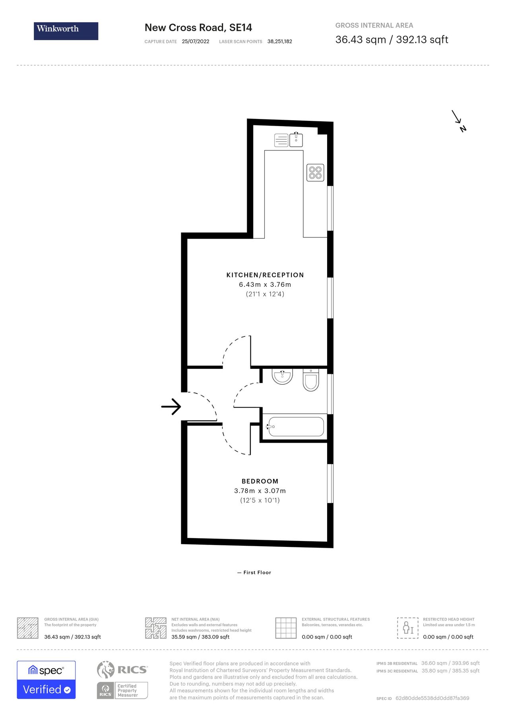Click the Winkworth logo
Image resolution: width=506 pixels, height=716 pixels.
click(x=66, y=31)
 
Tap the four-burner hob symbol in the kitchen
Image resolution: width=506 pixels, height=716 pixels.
click(x=315, y=173)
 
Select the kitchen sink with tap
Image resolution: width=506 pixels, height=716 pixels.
click(x=296, y=140)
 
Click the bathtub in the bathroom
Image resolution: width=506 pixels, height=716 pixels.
click(x=296, y=426)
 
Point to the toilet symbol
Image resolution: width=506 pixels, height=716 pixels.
click(x=310, y=380)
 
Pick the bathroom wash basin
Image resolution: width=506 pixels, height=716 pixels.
click(x=282, y=376)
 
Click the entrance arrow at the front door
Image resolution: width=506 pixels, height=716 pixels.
click(x=171, y=406)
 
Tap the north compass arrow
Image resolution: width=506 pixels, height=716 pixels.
click(x=458, y=121)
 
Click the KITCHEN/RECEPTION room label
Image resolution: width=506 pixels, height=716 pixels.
click(x=265, y=275)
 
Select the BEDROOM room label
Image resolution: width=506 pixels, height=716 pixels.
click(x=260, y=481)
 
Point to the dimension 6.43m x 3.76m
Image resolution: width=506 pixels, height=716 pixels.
click(x=265, y=284)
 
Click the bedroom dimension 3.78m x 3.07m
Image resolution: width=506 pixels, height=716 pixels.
click(x=260, y=491)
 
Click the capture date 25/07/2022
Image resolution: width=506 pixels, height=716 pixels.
click(x=195, y=41)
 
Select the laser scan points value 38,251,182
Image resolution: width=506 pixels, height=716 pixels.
click(x=279, y=41)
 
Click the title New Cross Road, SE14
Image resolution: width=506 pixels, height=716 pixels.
click(x=198, y=27)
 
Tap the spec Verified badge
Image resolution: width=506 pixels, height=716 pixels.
click(x=46, y=680)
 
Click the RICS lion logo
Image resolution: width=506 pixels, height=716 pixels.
click(x=106, y=669)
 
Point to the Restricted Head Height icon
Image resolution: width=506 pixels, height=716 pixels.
click(x=407, y=628)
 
